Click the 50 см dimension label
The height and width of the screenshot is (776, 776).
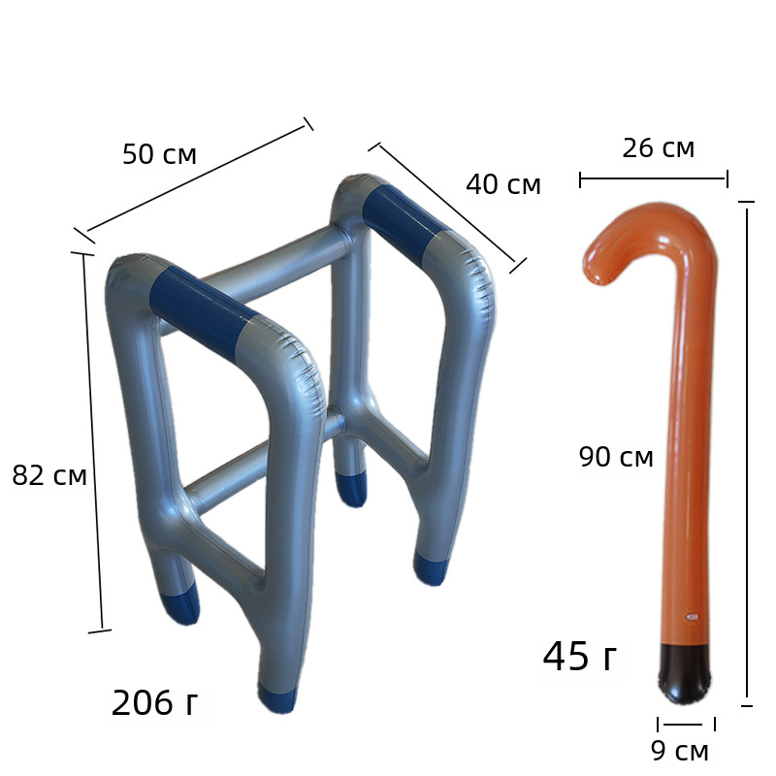coord(159,154)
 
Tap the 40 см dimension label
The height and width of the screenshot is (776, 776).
coord(502,184)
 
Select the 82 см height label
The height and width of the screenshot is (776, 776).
coord(49,475)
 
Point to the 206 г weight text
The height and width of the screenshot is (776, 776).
coord(154,702)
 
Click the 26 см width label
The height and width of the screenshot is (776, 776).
coord(659,148)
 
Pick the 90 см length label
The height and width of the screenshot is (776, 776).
coord(616,456)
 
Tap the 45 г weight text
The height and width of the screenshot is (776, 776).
coord(580,657)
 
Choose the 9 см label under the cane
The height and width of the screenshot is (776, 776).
coord(680,750)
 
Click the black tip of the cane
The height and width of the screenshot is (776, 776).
coord(685,674)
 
